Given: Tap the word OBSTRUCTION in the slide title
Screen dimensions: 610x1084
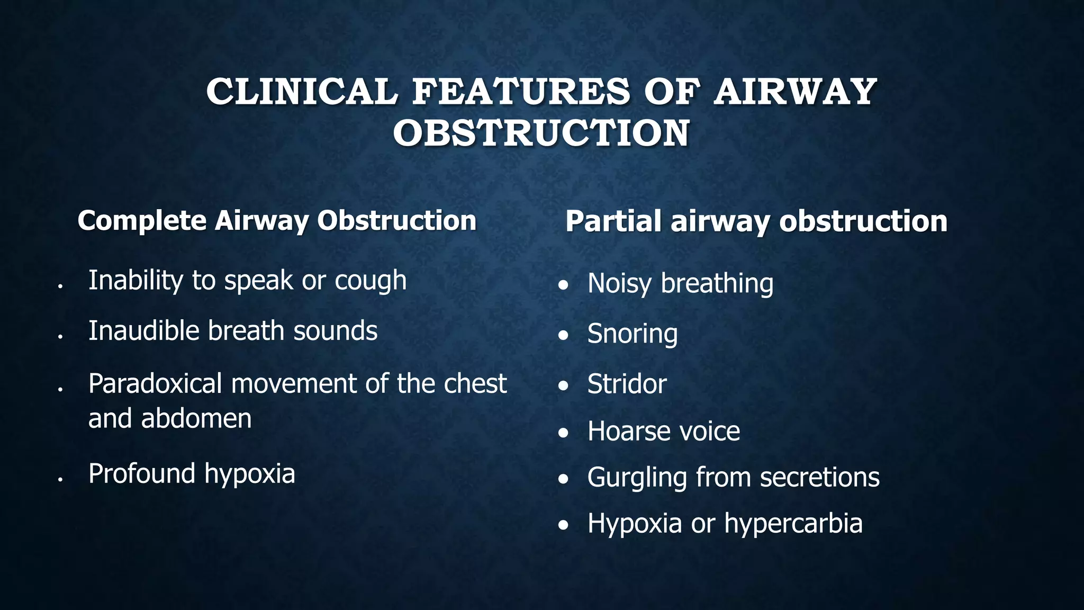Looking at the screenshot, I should coord(541,133).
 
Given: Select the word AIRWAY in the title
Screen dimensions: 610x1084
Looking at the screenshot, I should coord(795,92).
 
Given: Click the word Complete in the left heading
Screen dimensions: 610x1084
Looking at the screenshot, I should coord(142,221).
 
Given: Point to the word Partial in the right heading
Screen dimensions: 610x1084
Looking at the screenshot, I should coord(613,221).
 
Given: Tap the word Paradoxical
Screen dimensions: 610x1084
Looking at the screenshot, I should coord(155,383).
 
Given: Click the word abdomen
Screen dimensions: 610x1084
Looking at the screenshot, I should coord(196,418).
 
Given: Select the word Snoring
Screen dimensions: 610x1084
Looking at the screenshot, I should coord(633,334).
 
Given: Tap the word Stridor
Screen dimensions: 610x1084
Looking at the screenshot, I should coord(627,384).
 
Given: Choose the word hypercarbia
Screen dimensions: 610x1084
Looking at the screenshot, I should coord(793,524).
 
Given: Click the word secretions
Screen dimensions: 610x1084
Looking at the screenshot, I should coord(820,477).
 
